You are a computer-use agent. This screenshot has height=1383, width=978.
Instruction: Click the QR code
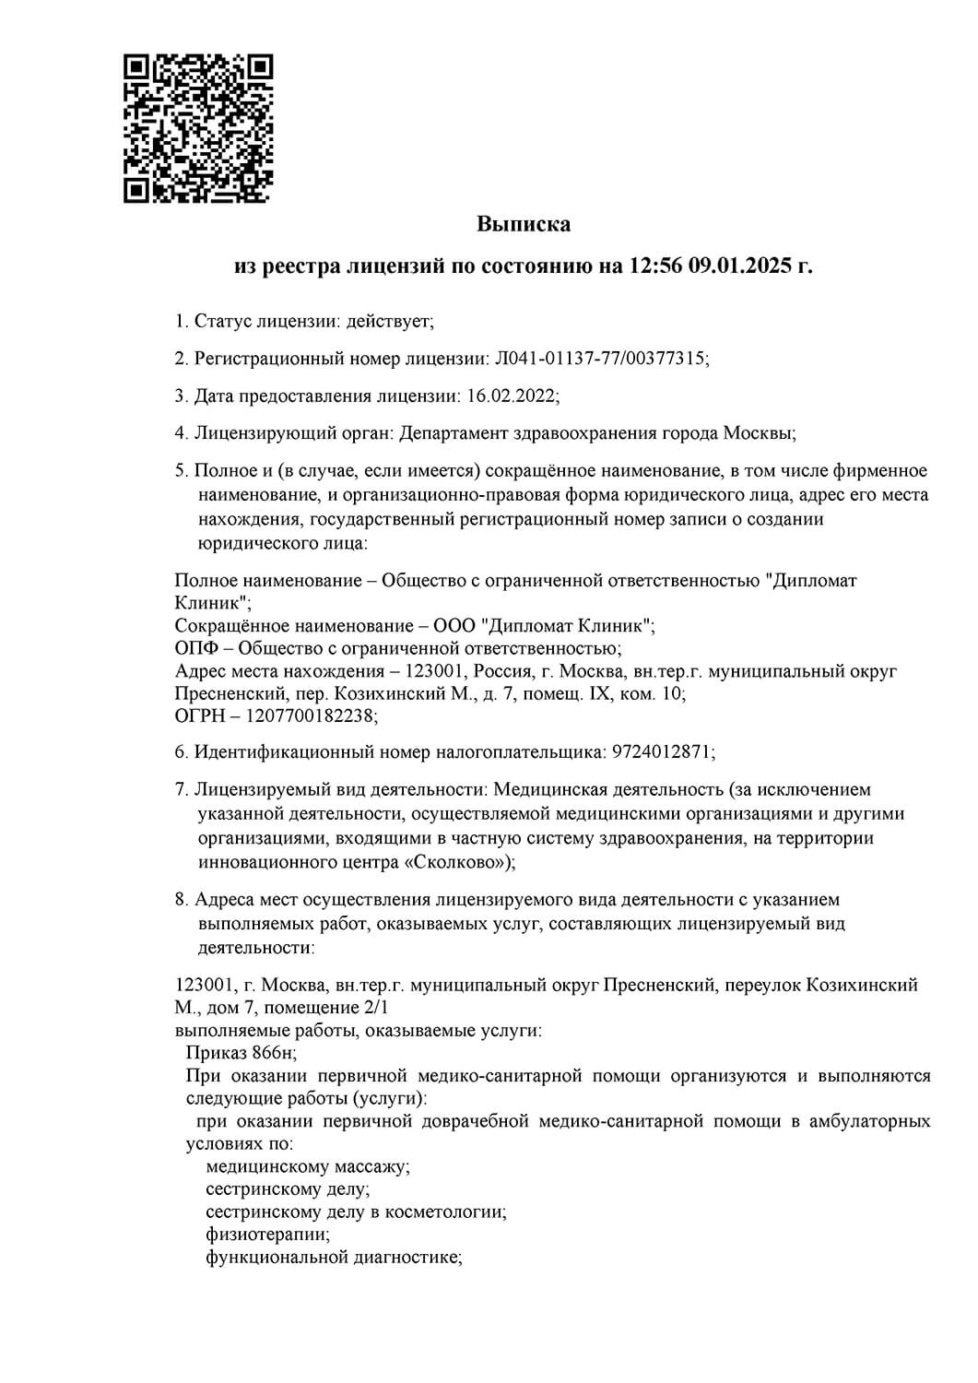(x=198, y=128)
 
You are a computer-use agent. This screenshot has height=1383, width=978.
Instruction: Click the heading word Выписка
(x=524, y=224)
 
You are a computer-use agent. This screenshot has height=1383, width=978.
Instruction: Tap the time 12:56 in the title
(x=655, y=267)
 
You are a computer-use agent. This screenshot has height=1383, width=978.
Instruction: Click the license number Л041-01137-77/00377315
(x=601, y=359)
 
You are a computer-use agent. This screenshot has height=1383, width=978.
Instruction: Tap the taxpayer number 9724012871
(x=662, y=752)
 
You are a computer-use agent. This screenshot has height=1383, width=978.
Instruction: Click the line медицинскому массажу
(x=308, y=1167)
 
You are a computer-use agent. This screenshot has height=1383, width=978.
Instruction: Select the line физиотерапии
(x=267, y=1234)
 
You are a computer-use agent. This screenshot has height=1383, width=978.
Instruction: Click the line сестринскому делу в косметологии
(x=355, y=1212)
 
